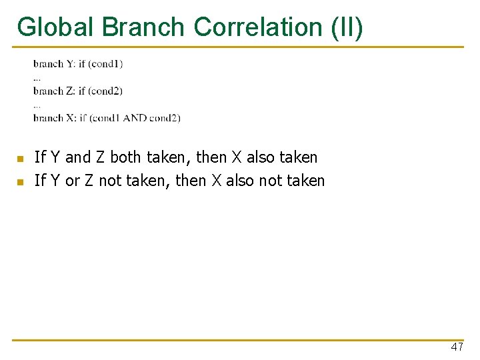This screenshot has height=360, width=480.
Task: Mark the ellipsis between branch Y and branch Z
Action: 37,79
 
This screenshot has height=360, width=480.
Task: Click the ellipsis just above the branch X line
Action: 37,105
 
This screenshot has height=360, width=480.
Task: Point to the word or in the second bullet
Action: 72,181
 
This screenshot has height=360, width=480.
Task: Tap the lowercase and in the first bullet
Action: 77,158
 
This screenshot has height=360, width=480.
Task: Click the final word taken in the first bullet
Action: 297,158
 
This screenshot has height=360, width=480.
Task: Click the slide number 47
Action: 457,347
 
